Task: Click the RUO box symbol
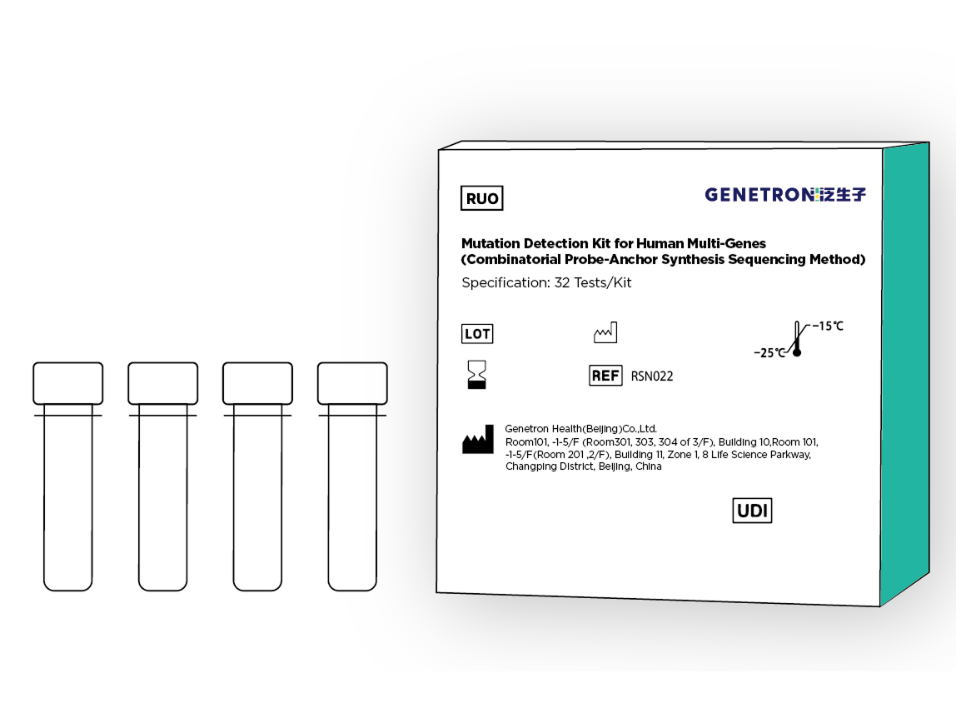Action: coord(481,198)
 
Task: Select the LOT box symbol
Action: coord(477,333)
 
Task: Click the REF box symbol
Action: coord(605,376)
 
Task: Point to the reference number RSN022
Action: coord(652,376)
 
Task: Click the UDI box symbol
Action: coord(752,511)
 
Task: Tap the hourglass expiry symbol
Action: coord(477,374)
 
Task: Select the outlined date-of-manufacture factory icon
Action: coord(605,333)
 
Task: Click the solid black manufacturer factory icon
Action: coord(477,440)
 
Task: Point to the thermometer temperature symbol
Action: coord(796,338)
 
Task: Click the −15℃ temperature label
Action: coord(828,327)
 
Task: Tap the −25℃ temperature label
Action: coord(769,353)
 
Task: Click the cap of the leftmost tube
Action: coord(67,383)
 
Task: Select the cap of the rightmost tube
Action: coord(352,383)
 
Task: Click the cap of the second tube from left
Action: coord(162,383)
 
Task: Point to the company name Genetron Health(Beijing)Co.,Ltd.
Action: coord(581,429)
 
